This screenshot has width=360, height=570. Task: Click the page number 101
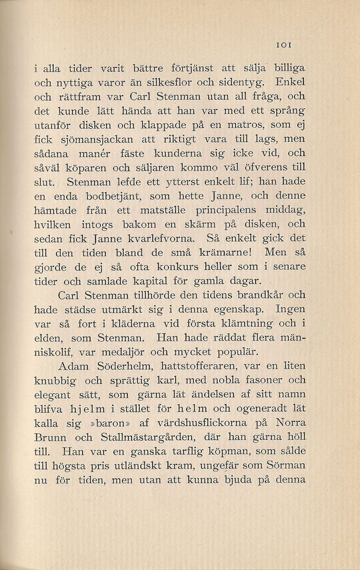coord(288,46)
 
